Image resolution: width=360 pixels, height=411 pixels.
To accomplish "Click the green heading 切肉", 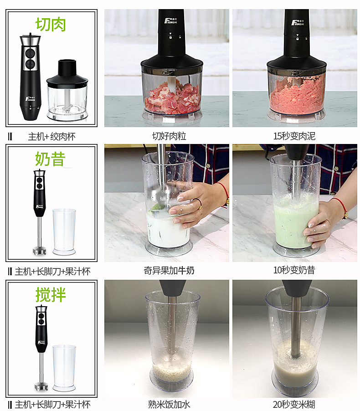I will click(51, 24).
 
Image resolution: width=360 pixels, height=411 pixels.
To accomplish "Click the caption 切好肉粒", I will click(169, 136).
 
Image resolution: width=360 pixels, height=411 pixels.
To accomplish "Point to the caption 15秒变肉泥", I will click(294, 136).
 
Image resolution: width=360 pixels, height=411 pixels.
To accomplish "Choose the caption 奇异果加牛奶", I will click(169, 270).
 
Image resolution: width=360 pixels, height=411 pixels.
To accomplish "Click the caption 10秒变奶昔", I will click(294, 270).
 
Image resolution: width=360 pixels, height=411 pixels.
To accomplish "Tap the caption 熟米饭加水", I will click(169, 404).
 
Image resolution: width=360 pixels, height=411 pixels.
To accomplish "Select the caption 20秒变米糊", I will click(294, 404).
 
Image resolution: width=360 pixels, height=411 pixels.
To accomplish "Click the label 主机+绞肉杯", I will click(51, 136).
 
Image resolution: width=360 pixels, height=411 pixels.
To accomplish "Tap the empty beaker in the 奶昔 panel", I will click(64, 231).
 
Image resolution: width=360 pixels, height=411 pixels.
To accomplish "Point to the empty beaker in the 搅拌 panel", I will click(64, 367).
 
